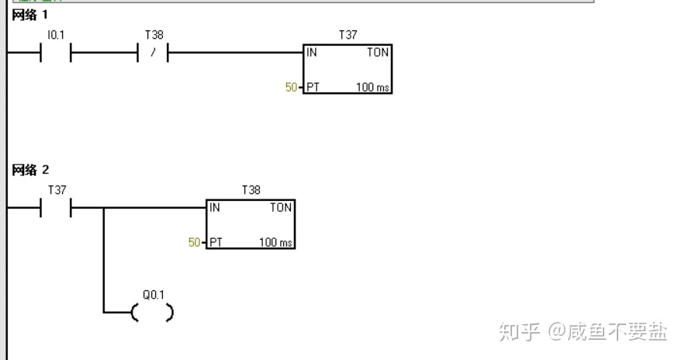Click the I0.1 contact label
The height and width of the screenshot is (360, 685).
56,36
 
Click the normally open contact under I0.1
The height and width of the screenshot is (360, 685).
55,54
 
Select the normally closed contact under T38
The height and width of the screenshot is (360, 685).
154,54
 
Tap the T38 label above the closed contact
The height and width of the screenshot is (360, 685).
154,36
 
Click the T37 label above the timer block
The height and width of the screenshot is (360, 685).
348,36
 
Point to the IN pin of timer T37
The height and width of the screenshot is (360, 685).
312,53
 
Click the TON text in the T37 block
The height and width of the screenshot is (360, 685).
378,53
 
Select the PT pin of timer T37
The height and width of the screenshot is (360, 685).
313,87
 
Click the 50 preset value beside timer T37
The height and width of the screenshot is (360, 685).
291,88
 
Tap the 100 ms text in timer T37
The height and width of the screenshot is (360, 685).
372,87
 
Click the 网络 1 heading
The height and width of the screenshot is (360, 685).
30,15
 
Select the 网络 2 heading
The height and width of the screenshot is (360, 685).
30,170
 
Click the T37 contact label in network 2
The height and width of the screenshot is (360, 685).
57,190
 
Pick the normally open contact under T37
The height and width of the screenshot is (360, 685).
55,208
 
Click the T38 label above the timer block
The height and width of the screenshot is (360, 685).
251,190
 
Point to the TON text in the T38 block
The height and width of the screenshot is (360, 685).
281,208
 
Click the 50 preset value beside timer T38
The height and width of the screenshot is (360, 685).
194,243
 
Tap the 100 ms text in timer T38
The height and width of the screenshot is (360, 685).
275,243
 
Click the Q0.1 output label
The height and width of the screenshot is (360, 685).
154,296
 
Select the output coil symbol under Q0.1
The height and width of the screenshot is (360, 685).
152,313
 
